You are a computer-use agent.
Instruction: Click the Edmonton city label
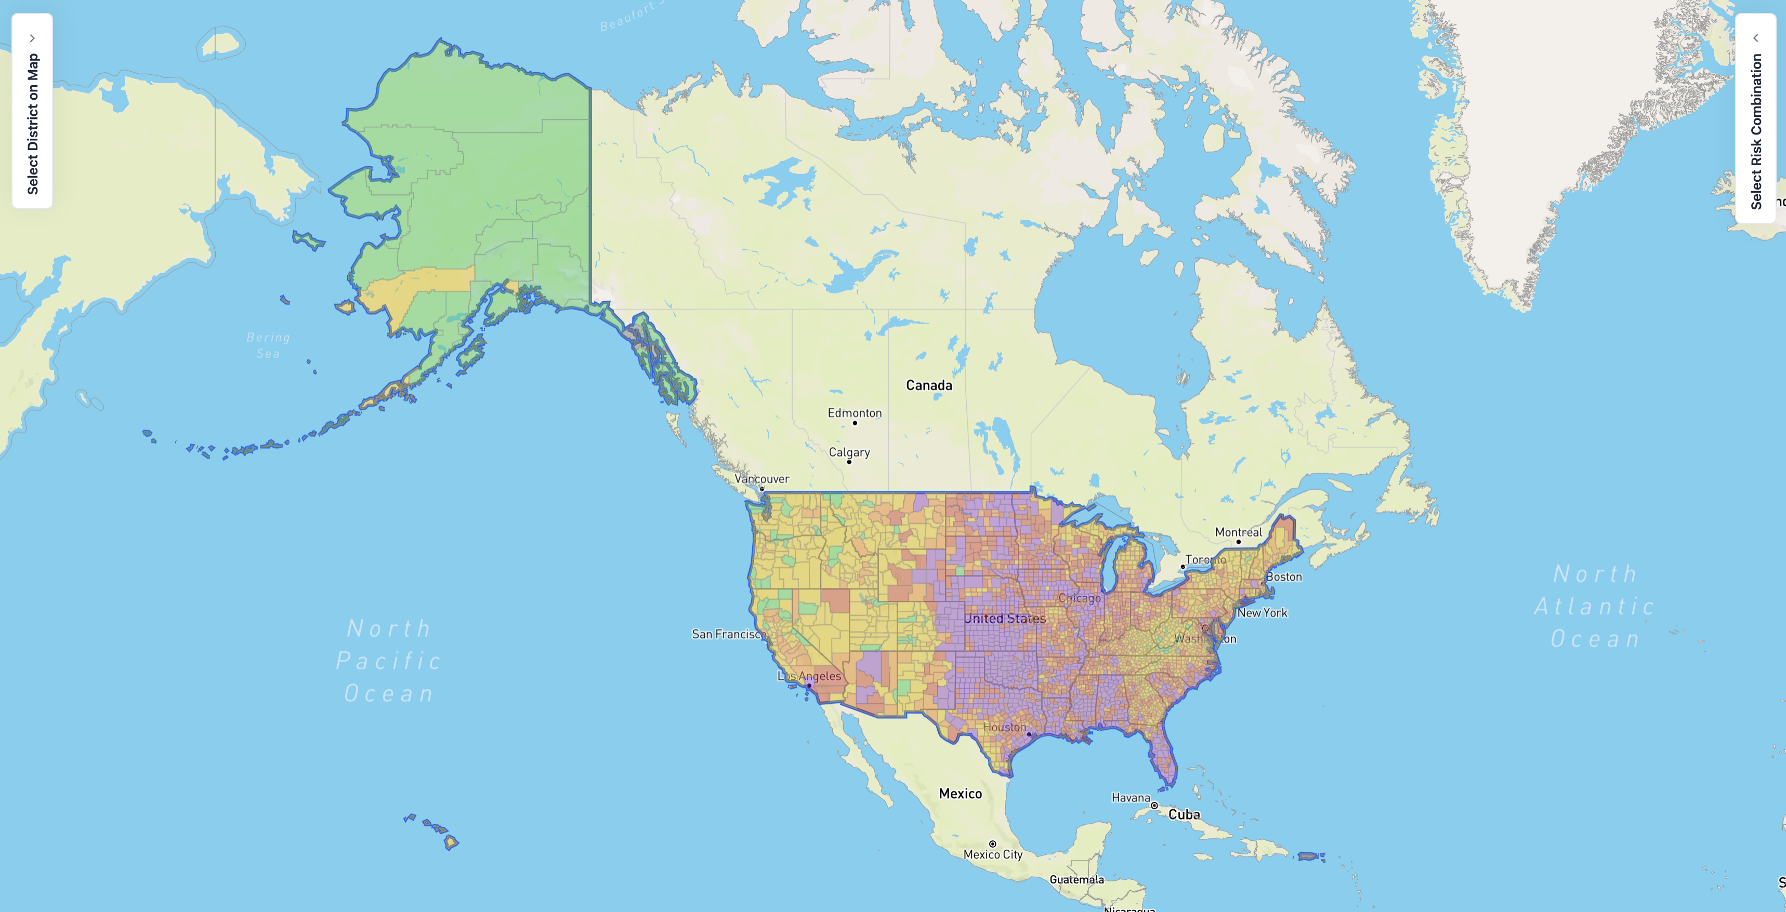pos(854,412)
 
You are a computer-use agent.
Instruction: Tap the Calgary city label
pos(849,452)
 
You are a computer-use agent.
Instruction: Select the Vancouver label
pos(761,478)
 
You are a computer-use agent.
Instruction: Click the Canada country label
pos(928,385)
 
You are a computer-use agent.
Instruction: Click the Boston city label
pos(1283,576)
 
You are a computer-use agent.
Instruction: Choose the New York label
pos(1262,613)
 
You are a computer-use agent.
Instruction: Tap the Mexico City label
pos(992,854)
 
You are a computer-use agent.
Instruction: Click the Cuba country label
pos(1184,814)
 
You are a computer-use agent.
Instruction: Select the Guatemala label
pos(1076,879)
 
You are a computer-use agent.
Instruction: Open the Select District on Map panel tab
pos(32,111)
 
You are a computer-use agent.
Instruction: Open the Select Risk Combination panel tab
pos(1755,118)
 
